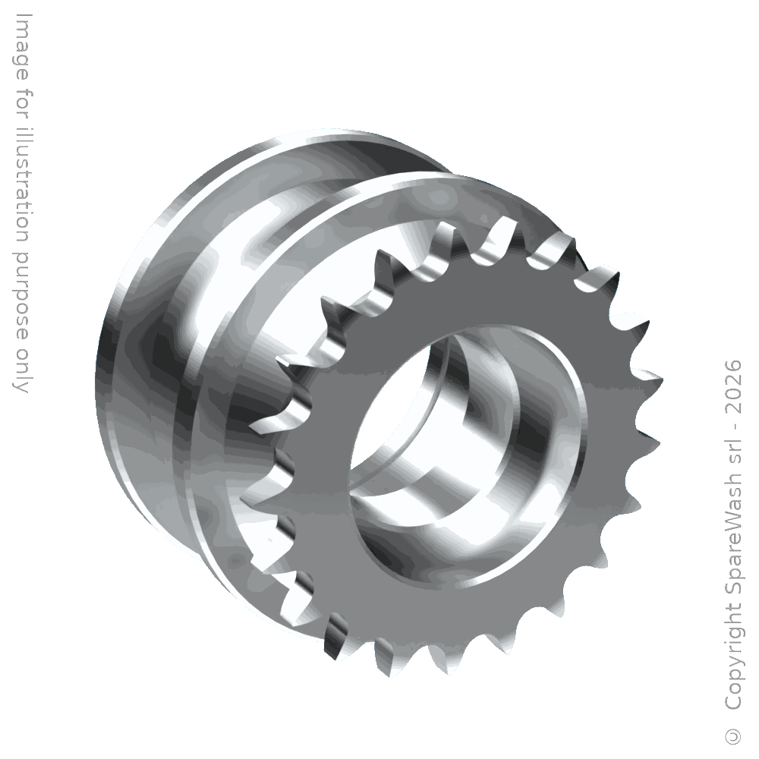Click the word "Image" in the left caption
[21, 47]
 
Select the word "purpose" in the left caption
[21, 291]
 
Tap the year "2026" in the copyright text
[734, 386]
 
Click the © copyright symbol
[734, 735]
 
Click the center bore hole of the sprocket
[467, 458]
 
